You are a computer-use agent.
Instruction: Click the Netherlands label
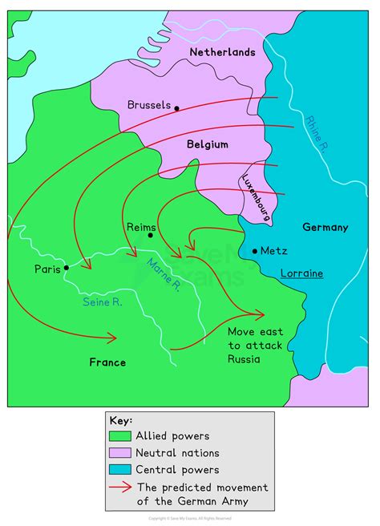pos(222,52)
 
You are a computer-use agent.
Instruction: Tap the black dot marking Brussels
pos(177,107)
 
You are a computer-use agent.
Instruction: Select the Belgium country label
pos(208,145)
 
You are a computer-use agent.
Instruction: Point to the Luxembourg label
pos(257,196)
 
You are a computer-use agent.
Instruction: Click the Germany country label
pos(325,227)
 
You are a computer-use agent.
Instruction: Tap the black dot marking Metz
pos(255,251)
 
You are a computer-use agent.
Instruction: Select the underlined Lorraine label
pos(301,273)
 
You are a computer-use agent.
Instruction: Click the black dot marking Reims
pos(150,235)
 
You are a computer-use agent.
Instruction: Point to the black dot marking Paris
pos(67,268)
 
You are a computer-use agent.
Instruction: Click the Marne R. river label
pos(166,277)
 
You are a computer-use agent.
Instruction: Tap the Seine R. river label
pos(102,301)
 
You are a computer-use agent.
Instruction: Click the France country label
pos(107,362)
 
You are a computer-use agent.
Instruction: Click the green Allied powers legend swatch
pos(119,436)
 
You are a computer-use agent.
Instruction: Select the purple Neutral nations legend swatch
pos(119,453)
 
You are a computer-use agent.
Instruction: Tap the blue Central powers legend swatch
pos(119,470)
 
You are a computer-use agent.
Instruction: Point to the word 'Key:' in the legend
pos(121,420)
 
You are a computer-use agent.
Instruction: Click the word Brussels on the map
pos(149,105)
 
